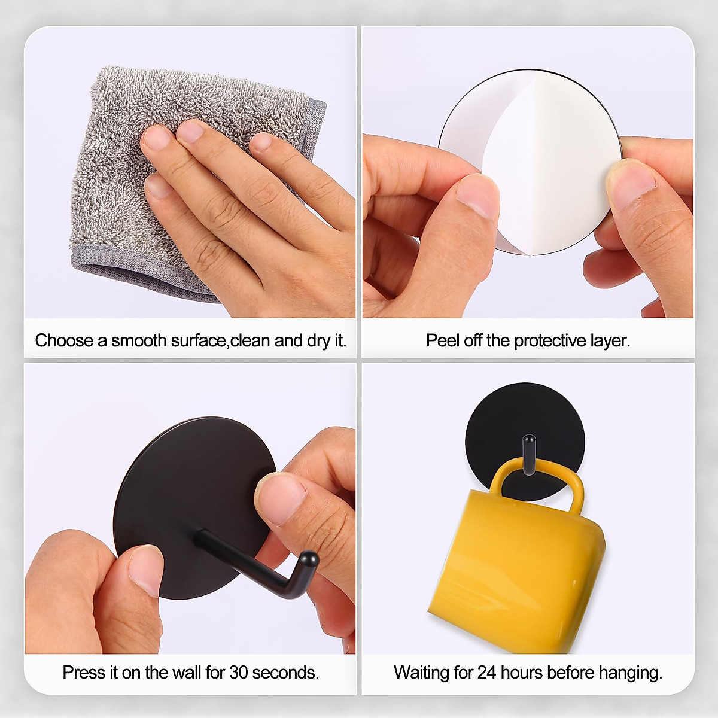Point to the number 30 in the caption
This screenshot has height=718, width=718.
(x=238, y=673)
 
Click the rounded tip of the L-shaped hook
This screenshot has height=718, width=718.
(x=310, y=560)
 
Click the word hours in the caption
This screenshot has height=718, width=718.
(x=522, y=673)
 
